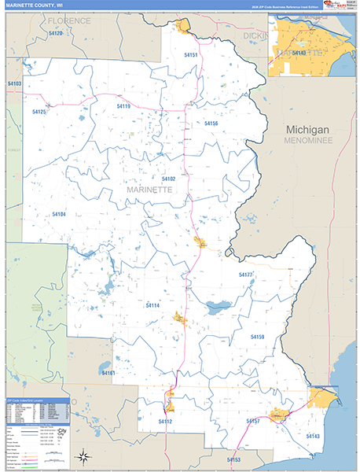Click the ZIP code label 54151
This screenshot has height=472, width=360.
point(191,55)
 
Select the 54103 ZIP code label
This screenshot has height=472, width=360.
point(14,83)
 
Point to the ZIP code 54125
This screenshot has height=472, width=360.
point(40,112)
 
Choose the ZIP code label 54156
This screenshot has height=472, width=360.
point(211,124)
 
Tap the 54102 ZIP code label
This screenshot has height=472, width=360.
point(168,179)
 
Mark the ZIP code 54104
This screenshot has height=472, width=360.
point(59,214)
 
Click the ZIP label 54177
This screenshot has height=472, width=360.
point(245,275)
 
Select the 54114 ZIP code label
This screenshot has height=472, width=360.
point(152,305)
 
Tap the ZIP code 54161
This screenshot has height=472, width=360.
point(108,373)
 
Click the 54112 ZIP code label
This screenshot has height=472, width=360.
point(165,422)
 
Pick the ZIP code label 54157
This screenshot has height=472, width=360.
point(253,422)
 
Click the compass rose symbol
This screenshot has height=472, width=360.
point(83,455)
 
